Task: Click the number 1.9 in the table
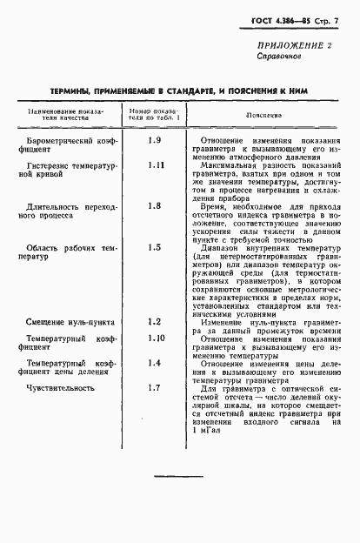pyautogui.click(x=155, y=140)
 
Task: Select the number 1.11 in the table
pyautogui.click(x=156, y=164)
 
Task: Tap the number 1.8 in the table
pyautogui.click(x=155, y=205)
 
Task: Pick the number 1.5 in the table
pyautogui.click(x=155, y=246)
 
